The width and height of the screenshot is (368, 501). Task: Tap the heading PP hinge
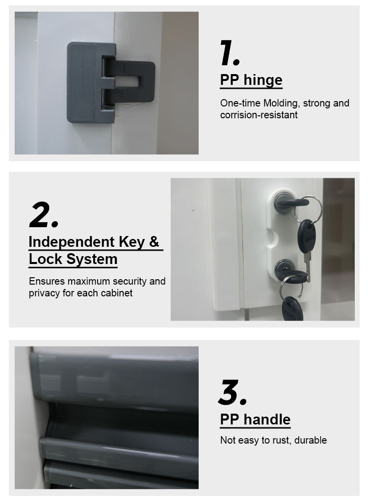point(251,80)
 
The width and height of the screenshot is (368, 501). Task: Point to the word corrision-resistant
point(259,115)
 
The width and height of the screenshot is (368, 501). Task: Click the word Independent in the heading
point(72,241)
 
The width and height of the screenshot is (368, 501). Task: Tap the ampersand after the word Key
point(154,241)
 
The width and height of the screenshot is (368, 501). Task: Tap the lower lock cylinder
point(284,267)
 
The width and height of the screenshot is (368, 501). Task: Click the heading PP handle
point(255,419)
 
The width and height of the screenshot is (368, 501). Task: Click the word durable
point(311,440)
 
